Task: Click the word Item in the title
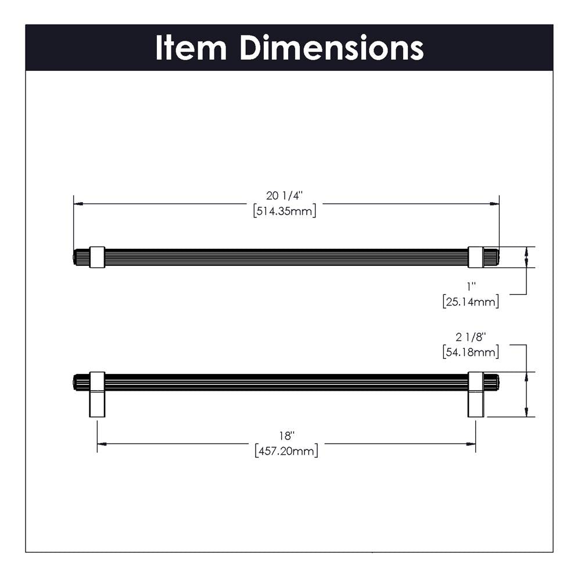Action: coord(191,48)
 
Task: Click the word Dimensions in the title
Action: coord(332,48)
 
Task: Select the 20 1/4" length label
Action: coord(285,195)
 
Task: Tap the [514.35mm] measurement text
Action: coord(285,211)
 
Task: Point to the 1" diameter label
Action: coord(471,286)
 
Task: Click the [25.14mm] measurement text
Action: coord(471,301)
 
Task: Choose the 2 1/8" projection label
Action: coord(471,337)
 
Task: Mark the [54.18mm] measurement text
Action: coord(471,352)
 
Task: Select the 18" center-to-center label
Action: coord(286,435)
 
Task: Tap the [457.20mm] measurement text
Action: coord(286,451)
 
